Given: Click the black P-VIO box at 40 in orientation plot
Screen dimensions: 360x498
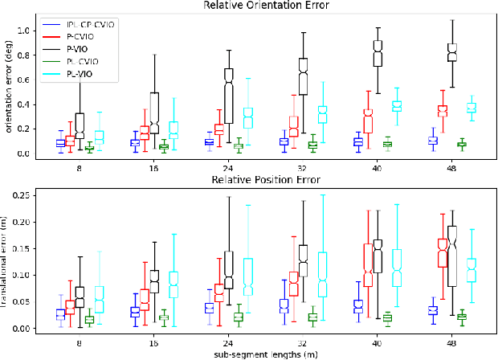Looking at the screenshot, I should coord(378,54).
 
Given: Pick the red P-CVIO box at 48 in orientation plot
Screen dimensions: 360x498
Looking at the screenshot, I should coord(441,110).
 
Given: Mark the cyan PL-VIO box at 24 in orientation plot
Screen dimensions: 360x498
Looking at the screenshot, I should coord(248,117).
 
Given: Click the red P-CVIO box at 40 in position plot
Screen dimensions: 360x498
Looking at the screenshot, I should coord(368,265).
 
